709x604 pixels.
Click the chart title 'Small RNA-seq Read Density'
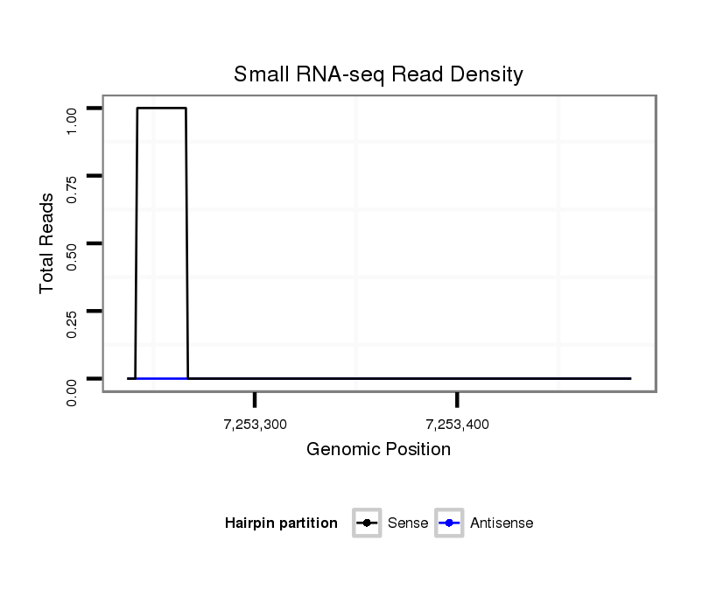pyautogui.click(x=378, y=74)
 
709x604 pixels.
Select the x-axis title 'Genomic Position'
pyautogui.click(x=378, y=450)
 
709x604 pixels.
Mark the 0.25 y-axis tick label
pyautogui.click(x=73, y=323)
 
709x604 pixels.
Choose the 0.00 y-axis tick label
pyautogui.click(x=73, y=390)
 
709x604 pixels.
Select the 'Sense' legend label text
pyautogui.click(x=407, y=523)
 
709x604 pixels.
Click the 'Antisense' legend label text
pyautogui.click(x=502, y=523)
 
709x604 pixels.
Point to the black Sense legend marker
pyautogui.click(x=367, y=523)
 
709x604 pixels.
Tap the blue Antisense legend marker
pyautogui.click(x=449, y=523)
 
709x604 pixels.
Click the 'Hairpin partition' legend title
pyautogui.click(x=281, y=523)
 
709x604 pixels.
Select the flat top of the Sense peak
pyautogui.click(x=161, y=108)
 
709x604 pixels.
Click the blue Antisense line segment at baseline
pyautogui.click(x=161, y=378)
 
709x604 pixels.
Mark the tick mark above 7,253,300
pyautogui.click(x=255, y=399)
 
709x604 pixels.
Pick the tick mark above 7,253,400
pyautogui.click(x=457, y=399)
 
